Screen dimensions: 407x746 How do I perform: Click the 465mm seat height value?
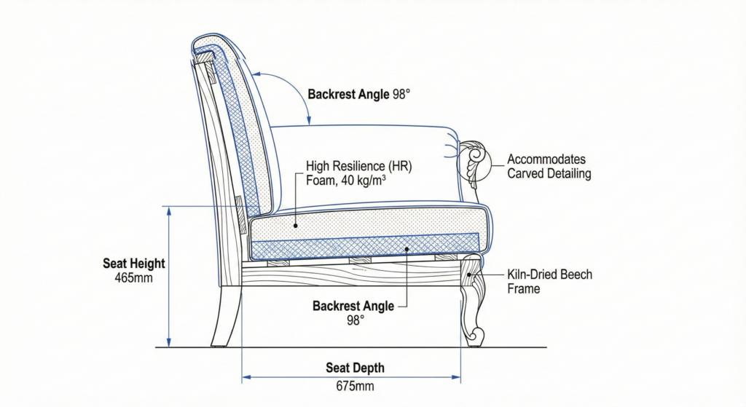[134, 278]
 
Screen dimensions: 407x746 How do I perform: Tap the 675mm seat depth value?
[355, 386]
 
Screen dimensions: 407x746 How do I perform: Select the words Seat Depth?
[355, 368]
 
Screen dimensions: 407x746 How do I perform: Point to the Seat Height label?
[134, 264]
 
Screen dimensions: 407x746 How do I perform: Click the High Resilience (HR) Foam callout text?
[359, 174]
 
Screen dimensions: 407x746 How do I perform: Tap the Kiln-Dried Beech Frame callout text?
[549, 282]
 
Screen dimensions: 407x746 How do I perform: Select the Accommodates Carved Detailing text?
[549, 167]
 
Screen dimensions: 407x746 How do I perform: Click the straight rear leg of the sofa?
[227, 317]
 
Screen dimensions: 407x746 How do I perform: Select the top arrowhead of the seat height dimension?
[169, 210]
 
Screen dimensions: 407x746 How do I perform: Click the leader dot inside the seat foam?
[296, 226]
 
